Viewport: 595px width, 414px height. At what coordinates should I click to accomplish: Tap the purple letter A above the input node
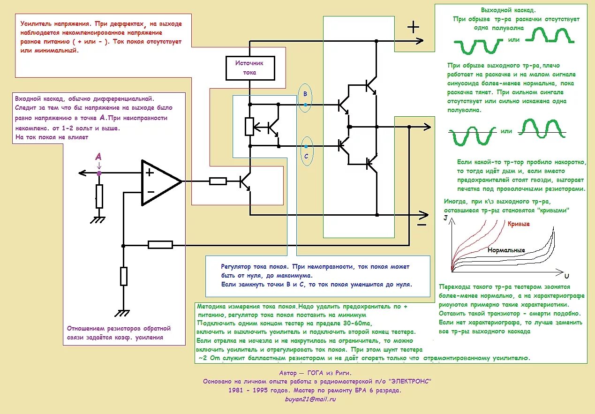coord(98,156)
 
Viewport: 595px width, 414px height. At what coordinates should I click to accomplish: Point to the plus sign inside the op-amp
coord(150,172)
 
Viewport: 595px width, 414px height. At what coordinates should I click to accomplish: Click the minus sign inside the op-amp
coord(151,191)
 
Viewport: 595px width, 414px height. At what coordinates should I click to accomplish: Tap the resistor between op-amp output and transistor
coord(218,181)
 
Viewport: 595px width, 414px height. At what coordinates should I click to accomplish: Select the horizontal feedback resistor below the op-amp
coord(160,244)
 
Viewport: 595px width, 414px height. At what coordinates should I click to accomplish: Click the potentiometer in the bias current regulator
coord(250,126)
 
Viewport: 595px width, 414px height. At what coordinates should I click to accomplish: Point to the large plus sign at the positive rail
coord(413,27)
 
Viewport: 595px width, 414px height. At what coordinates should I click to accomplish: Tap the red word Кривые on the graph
coord(519,224)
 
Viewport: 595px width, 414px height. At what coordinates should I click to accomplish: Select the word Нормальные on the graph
coord(506,250)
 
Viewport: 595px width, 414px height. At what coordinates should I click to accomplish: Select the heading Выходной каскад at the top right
coord(508,10)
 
